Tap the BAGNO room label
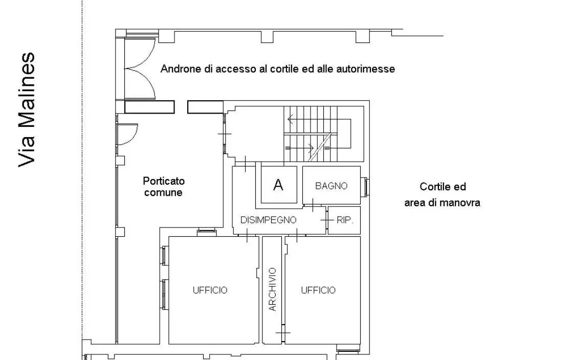pos(331,186)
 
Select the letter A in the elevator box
pos(278,185)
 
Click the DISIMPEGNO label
pos(268,220)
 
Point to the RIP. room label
pos(345,220)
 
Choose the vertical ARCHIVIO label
pos(272,289)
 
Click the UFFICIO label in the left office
pos(210,290)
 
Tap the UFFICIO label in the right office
pos(318,290)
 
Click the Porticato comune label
pos(163,187)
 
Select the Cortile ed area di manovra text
pos(442,195)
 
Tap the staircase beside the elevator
pos(322,133)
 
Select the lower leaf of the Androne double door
pos(140,84)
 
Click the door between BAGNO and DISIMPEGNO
pos(312,205)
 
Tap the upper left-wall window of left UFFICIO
pos(165,256)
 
